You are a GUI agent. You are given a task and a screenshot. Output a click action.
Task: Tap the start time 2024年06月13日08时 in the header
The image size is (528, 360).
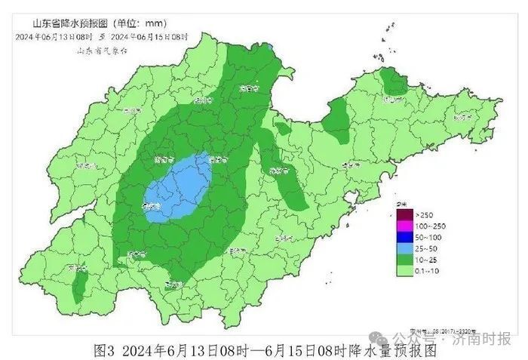(x=54, y=36)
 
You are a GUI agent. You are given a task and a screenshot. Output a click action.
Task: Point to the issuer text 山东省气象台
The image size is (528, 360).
(x=103, y=50)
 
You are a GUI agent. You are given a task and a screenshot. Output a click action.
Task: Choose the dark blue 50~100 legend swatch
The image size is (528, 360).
(x=405, y=237)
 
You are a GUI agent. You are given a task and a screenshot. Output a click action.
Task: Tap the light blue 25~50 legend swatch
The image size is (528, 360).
(x=405, y=248)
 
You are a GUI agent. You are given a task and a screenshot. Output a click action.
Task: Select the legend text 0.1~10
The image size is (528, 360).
(x=429, y=269)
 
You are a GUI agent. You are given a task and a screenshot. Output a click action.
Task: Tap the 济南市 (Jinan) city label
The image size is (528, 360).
(x=217, y=159)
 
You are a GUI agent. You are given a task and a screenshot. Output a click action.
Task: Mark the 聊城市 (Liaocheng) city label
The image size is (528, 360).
(x=161, y=160)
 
